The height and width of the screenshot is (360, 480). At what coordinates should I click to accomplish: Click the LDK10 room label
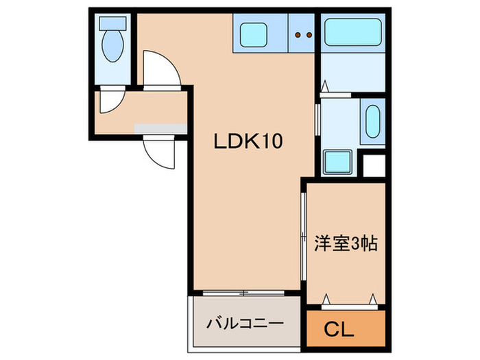(x=248, y=142)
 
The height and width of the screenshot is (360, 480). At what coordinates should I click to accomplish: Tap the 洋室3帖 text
(x=346, y=243)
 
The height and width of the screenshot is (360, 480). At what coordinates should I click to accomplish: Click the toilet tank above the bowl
(x=110, y=22)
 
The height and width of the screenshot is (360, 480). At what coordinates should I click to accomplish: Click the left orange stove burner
(x=298, y=33)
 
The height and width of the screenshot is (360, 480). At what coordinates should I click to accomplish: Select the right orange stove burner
(x=309, y=33)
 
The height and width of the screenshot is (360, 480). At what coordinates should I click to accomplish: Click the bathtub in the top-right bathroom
(x=352, y=31)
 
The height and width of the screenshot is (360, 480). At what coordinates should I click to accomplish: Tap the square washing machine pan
(x=339, y=162)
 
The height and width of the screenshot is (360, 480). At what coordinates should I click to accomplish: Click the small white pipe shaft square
(x=374, y=165)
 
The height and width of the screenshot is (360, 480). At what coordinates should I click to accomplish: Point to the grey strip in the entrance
(x=160, y=128)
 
